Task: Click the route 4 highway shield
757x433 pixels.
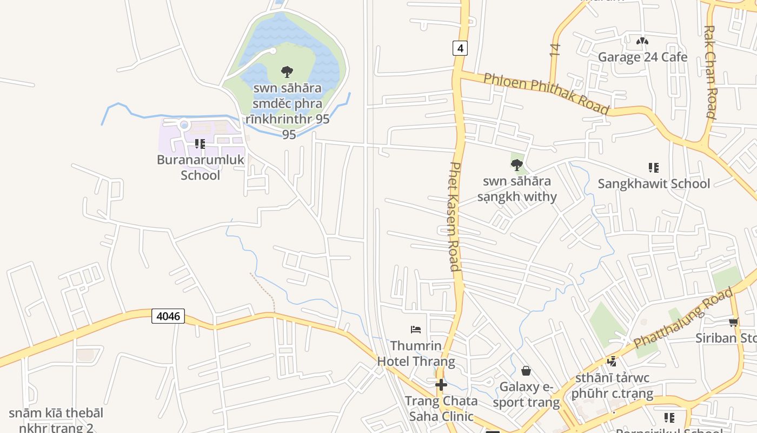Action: tap(460, 48)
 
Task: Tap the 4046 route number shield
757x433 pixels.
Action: tap(168, 316)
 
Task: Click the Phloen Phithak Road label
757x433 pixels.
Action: tap(546, 93)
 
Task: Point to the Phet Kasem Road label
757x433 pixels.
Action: tap(454, 216)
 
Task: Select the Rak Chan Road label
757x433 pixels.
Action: tap(710, 71)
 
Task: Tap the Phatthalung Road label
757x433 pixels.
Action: tap(683, 318)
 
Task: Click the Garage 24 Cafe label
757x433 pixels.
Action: tap(642, 57)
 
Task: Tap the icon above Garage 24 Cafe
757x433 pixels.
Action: tap(642, 41)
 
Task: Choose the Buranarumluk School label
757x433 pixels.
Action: tap(200, 167)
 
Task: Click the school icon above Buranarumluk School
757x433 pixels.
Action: tap(200, 144)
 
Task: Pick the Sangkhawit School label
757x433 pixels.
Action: tap(654, 183)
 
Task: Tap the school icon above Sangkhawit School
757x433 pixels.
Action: tap(654, 168)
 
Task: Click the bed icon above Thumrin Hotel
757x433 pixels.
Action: tap(416, 329)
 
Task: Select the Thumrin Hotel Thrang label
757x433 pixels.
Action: tap(416, 353)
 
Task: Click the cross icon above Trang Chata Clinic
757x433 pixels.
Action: tap(442, 385)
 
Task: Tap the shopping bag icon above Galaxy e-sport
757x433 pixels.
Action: tap(526, 371)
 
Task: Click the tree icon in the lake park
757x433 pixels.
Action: tap(287, 71)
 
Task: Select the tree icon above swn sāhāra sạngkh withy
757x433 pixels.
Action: tap(517, 165)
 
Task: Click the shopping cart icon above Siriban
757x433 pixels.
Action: tap(734, 323)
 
